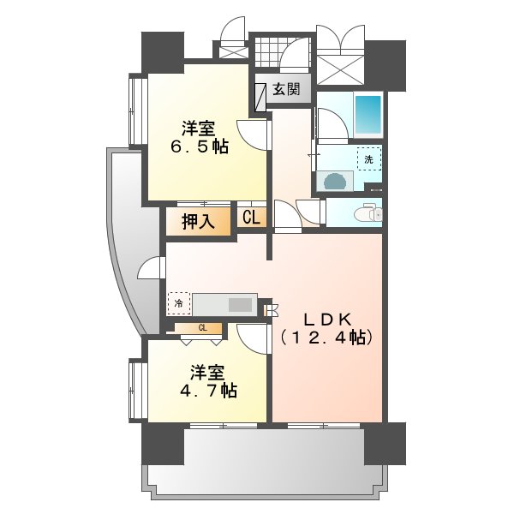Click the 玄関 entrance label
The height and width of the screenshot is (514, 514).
click(286, 88)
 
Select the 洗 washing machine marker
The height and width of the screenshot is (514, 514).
click(369, 159)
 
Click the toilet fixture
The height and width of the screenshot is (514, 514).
click(373, 212)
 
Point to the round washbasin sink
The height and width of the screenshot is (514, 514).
click(335, 182)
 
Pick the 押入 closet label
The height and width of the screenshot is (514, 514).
click(198, 222)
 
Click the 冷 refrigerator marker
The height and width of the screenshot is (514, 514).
click(179, 303)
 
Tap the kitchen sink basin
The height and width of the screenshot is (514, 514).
click(240, 305)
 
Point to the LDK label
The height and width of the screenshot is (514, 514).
click(328, 320)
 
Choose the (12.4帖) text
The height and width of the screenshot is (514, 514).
click(326, 338)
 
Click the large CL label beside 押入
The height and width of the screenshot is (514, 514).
click(251, 217)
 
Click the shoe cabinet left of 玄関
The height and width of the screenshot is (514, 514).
click(260, 98)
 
